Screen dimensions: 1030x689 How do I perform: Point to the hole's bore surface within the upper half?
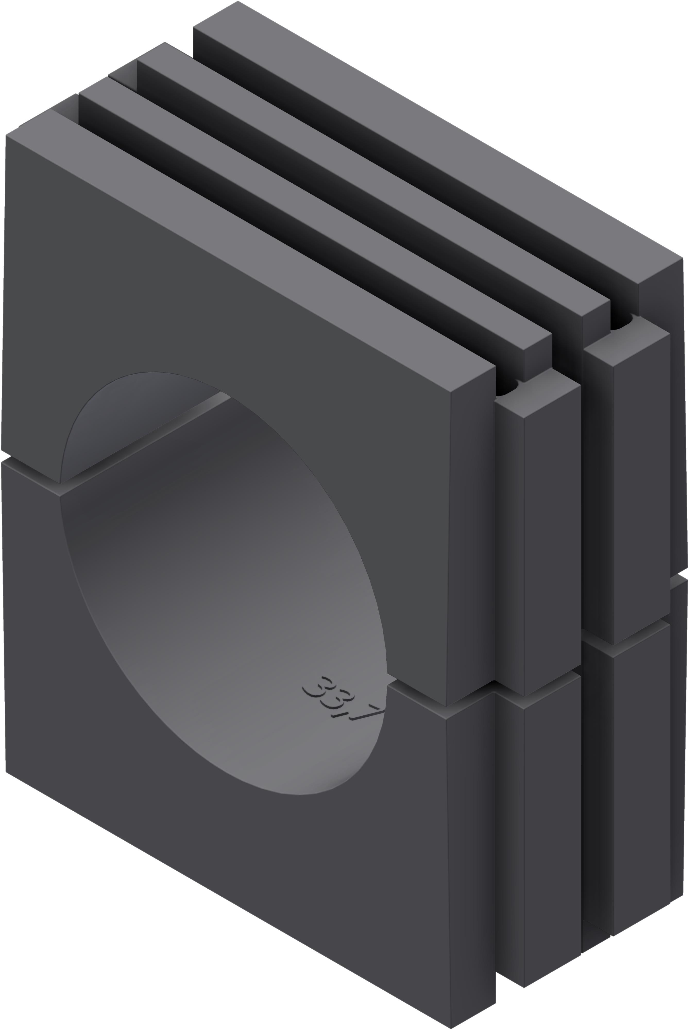coord(141,417)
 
